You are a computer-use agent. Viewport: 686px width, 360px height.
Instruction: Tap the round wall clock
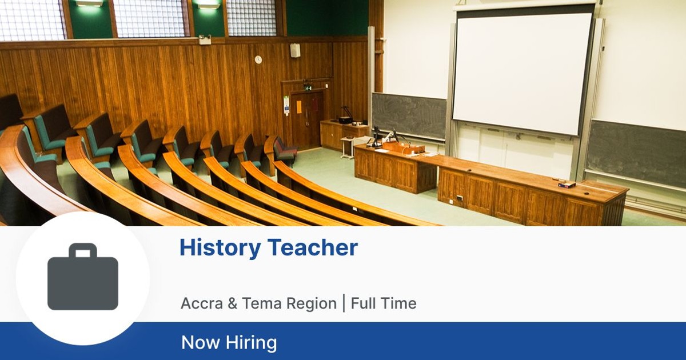point(258,59)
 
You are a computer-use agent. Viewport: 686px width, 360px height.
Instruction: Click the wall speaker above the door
point(295,50)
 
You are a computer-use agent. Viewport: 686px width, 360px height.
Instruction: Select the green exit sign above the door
point(308,87)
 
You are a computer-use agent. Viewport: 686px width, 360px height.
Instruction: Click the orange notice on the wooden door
point(298,106)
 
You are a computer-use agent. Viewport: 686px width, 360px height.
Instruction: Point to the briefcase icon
point(83,277)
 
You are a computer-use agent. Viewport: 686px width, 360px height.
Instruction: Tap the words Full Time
point(384,303)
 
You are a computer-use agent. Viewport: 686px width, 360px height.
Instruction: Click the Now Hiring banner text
point(229,342)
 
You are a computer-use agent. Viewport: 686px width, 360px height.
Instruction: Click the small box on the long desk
point(567,184)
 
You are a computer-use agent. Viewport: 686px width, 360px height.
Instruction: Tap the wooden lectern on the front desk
point(404,147)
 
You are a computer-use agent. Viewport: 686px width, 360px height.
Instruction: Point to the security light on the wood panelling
point(205,39)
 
